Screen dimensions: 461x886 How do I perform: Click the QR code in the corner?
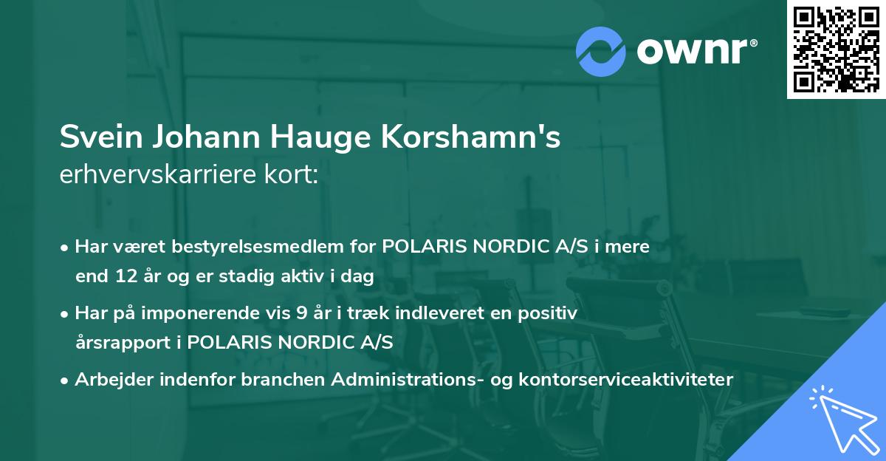[x=836, y=49]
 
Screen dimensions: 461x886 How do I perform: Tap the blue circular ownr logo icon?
[x=600, y=52]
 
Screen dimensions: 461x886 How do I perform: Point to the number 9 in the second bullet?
[x=301, y=313]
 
